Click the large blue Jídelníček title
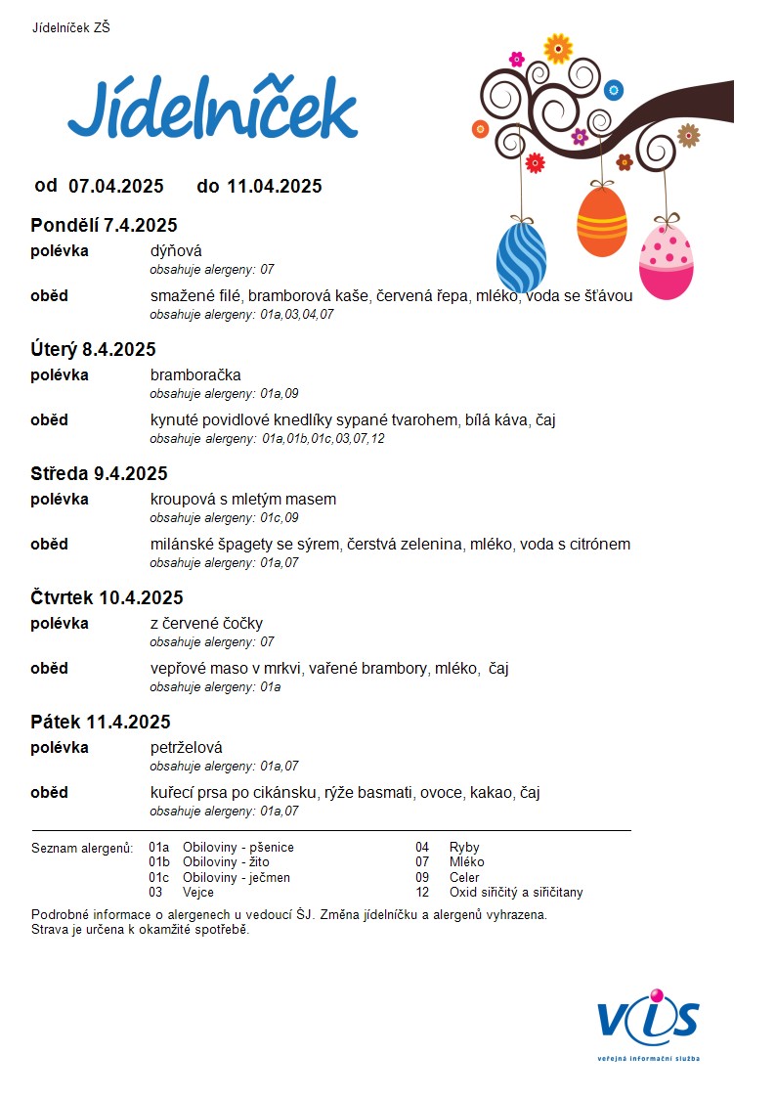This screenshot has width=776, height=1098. pos(212,110)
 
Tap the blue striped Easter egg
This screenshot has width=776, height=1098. pos(521,257)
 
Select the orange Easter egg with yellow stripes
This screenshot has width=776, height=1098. pos(601,221)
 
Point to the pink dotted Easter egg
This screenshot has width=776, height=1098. pos(667,259)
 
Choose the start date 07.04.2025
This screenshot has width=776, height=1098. pos(115,186)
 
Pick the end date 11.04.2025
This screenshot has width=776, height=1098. pos(274,186)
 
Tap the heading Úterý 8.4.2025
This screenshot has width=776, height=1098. pos(93,350)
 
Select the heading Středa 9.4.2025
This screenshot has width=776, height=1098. pos(99,474)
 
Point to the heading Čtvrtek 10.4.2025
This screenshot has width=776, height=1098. pos(107,598)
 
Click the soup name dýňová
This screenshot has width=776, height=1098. pos(176,251)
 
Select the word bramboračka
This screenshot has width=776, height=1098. pos(195,375)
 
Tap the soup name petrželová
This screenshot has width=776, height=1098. pos(186,748)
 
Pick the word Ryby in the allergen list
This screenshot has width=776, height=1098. pos(463,848)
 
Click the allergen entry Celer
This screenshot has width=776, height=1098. pos(464,877)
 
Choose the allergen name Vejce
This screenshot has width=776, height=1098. pos(199,892)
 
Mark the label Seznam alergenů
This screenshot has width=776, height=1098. pos(82,848)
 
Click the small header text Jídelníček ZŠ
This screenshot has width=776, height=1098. pos(71,27)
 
